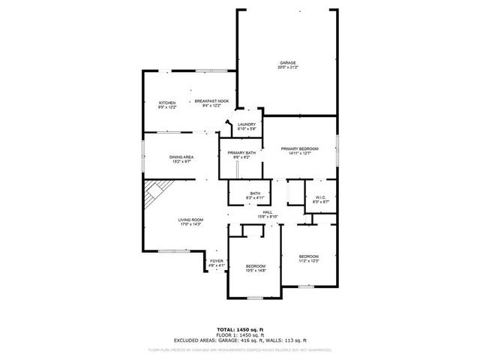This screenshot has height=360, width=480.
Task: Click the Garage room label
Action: [288, 63]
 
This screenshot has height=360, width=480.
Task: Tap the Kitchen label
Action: [166, 102]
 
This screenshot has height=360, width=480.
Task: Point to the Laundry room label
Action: [247, 124]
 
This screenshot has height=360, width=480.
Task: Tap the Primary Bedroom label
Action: [300, 149]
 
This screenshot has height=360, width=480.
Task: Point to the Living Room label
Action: [190, 220]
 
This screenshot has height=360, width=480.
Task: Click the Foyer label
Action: [216, 261]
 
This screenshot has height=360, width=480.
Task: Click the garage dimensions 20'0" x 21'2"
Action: [288, 67]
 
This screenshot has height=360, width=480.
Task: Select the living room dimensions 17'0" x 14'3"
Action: [190, 224]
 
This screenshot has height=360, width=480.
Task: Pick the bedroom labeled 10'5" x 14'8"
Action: [256, 268]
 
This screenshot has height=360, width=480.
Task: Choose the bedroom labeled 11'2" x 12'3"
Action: [309, 258]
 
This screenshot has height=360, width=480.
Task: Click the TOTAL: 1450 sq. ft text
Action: [240, 330]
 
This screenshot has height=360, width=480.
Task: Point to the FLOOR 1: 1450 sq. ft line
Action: [240, 335]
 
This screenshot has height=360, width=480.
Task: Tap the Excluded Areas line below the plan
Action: [240, 340]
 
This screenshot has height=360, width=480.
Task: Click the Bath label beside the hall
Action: [255, 194]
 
